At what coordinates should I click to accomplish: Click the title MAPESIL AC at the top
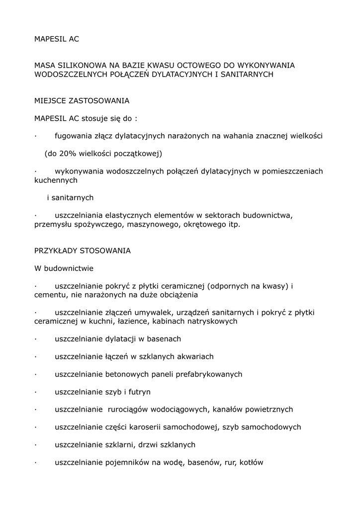click(x=56, y=39)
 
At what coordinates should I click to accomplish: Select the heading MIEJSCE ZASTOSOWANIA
click(x=82, y=101)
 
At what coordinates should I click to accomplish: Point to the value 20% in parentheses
click(x=67, y=153)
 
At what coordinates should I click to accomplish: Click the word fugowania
click(x=74, y=135)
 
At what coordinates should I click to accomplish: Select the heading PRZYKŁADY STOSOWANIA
click(x=82, y=251)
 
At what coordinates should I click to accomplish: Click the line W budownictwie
click(x=64, y=268)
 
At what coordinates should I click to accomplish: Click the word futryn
click(x=140, y=392)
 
